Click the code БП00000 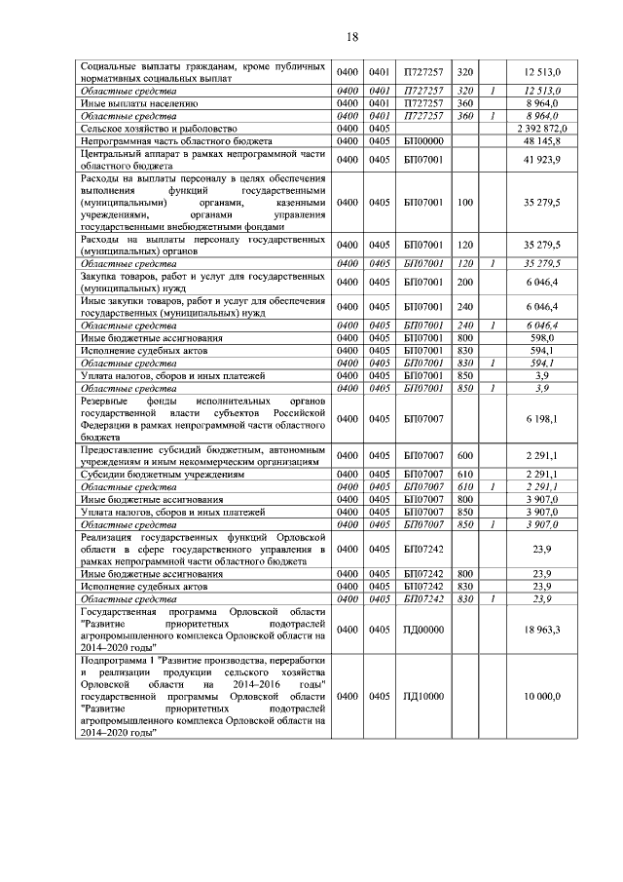tap(422, 140)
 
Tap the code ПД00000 tap(422, 630)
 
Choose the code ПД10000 tap(422, 698)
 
